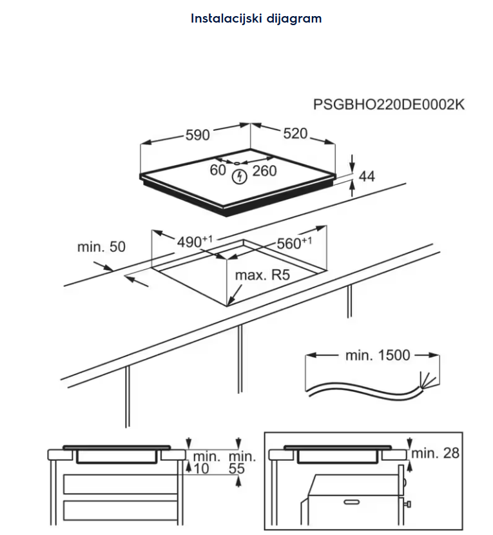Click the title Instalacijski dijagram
256,18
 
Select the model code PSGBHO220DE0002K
389,104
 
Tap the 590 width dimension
198,135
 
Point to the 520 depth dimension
295,133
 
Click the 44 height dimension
366,175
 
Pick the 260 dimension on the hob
264,170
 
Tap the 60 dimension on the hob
218,170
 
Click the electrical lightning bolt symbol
239,174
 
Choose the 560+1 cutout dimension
294,243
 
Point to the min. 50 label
101,247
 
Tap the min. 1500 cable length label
377,355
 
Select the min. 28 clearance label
436,453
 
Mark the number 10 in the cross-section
201,469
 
